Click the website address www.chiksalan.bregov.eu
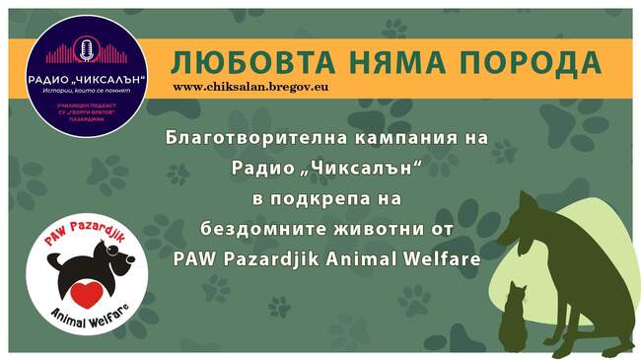click(250, 87)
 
